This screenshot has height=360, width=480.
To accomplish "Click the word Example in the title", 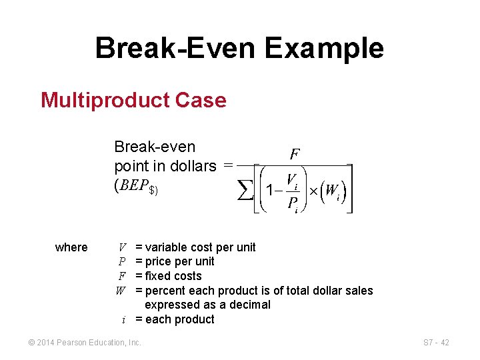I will tap(324, 49).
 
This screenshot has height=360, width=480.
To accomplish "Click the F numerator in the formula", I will tap(294, 154).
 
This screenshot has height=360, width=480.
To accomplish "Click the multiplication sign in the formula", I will tap(313, 191).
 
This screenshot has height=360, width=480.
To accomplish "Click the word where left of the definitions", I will tap(71, 247).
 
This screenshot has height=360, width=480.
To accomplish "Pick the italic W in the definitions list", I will tap(121, 291).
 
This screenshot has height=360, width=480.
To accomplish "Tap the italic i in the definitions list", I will tap(124, 319).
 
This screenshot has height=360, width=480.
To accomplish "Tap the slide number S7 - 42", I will tap(436, 343).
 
